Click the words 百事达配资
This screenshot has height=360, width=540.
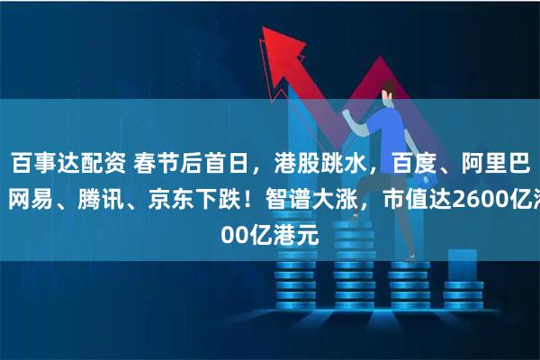[x=68, y=163]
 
